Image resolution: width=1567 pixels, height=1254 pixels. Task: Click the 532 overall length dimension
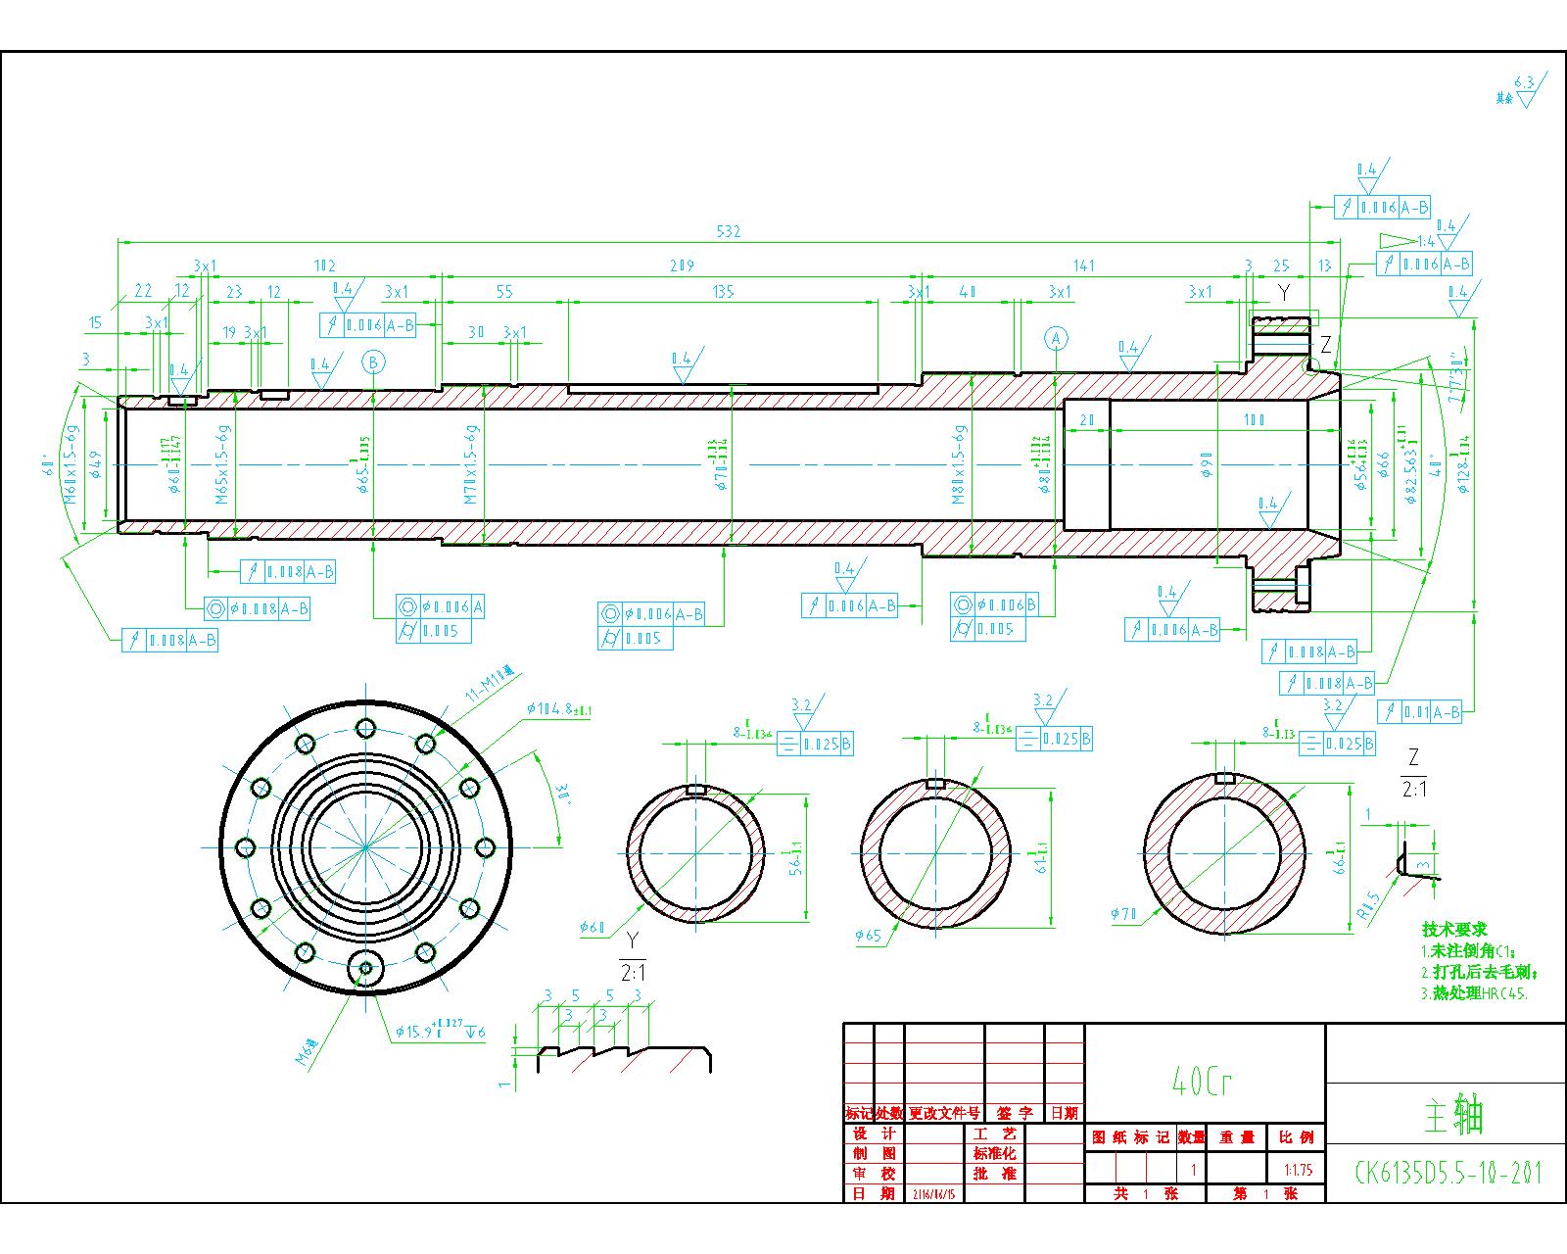(728, 232)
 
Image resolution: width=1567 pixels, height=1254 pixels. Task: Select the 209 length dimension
(682, 265)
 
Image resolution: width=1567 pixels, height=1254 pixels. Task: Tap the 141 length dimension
(1083, 265)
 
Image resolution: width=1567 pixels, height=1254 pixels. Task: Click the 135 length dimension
(723, 292)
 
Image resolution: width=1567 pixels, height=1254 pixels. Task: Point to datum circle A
(1056, 339)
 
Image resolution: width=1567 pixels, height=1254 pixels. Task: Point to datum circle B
(373, 362)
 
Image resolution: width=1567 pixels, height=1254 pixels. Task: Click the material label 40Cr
(1202, 1081)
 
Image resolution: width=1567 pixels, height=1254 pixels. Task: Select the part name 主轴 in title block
(1453, 1115)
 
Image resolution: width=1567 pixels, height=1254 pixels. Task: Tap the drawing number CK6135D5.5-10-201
(1448, 1172)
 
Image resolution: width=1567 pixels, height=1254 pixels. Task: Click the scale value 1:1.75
(1297, 1170)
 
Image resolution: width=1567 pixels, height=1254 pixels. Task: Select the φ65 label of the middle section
(868, 936)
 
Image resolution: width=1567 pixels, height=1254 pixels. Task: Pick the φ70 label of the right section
(1124, 915)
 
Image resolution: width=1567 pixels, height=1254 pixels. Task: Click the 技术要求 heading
(1454, 929)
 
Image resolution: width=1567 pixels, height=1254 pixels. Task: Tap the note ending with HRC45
(1474, 992)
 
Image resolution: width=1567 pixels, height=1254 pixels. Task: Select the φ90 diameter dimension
(1207, 464)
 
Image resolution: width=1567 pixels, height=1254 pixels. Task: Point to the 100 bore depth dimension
(1254, 419)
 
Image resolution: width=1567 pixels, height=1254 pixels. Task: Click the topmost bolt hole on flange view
(366, 727)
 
